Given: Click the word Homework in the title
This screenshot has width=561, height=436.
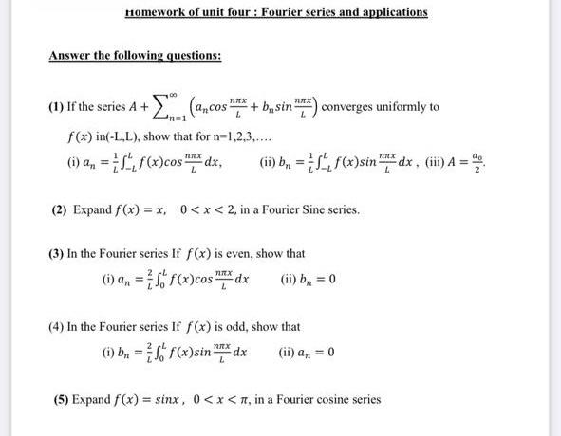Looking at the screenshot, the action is (x=155, y=12).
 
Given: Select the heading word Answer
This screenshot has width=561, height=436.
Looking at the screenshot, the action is (x=71, y=55).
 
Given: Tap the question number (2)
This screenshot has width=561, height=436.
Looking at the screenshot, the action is (x=60, y=209).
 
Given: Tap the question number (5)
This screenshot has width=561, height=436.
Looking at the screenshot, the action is (x=60, y=399).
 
